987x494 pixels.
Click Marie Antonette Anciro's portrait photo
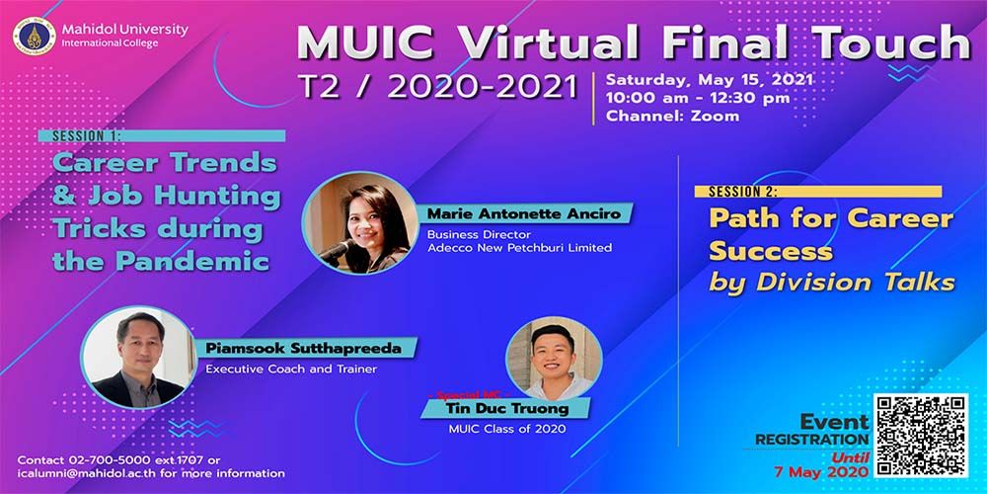click(360, 221)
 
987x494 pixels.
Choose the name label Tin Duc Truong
click(513, 408)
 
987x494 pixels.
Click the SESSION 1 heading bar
click(163, 136)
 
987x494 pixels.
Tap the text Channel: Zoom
click(658, 116)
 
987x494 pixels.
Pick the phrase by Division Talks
click(831, 282)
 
